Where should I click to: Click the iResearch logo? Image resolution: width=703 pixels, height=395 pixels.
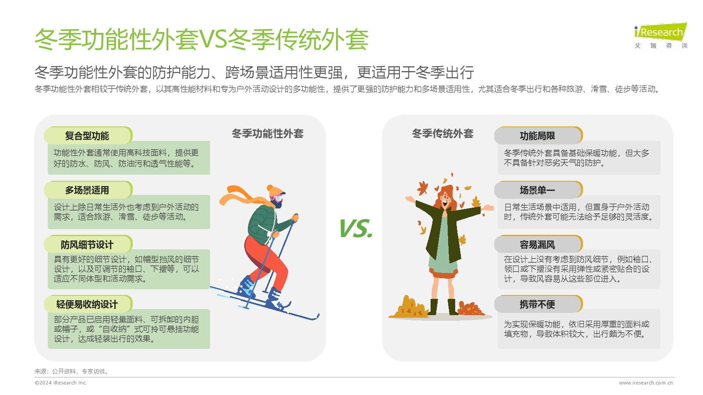point(661,36)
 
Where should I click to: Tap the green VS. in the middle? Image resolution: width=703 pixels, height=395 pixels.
point(356,228)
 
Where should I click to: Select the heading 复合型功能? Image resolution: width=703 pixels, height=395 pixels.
point(87,136)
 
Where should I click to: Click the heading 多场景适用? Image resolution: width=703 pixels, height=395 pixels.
point(87,190)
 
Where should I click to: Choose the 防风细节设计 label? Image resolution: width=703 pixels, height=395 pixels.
point(87,244)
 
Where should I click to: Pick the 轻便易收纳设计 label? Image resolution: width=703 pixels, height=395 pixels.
point(87,304)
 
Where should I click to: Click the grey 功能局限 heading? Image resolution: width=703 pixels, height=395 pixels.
point(537,136)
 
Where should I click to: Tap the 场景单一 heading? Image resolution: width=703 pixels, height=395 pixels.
point(537,190)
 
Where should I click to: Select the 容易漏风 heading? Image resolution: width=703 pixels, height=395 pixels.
point(537,244)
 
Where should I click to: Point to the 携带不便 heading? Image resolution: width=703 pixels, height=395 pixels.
point(537,304)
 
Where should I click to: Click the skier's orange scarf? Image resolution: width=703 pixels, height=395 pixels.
point(242,196)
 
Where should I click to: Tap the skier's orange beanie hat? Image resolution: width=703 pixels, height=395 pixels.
point(275,190)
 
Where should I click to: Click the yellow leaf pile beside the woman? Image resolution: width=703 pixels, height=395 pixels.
point(409,307)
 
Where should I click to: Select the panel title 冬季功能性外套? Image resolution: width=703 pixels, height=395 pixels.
point(268,134)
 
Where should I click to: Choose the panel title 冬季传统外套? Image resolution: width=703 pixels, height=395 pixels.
point(442,134)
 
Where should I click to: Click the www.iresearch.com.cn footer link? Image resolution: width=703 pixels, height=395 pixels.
point(646,383)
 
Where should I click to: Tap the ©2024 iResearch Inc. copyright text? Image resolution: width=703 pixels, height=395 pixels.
point(61,383)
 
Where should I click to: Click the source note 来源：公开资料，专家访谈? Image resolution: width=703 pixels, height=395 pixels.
point(72,371)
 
